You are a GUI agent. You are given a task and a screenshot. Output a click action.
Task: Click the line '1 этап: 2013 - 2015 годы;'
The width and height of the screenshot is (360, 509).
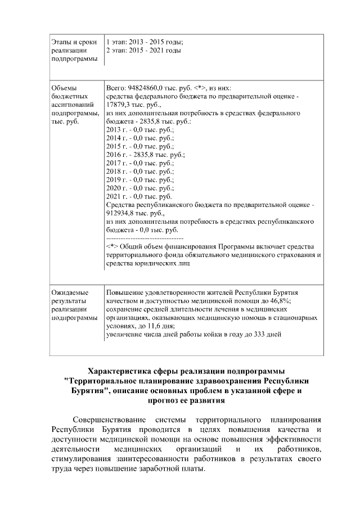click(145, 42)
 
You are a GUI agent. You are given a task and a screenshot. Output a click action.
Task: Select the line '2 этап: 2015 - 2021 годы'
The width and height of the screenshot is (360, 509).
click(143, 51)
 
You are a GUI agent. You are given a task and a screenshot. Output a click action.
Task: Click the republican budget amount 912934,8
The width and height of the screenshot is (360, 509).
click(122, 213)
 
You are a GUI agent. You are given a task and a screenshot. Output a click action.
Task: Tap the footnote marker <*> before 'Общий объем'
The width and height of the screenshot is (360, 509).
click(111, 246)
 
